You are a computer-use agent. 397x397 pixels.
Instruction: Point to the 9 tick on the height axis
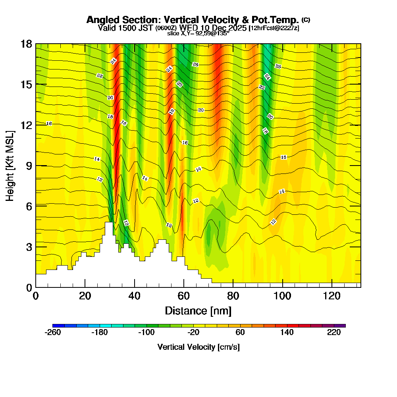29,166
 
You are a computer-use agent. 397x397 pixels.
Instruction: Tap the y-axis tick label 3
29,247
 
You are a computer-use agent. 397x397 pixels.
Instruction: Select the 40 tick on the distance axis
135,296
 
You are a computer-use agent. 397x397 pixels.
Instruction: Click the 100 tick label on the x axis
283,296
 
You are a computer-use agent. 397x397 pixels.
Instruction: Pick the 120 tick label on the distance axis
332,296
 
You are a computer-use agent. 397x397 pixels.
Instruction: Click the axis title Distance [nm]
198,310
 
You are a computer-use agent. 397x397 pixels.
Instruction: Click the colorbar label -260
53,333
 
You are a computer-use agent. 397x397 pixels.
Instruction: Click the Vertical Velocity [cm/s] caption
198,347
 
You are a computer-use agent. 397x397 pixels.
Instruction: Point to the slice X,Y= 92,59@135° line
198,33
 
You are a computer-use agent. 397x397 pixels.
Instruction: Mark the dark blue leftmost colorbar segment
56,326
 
